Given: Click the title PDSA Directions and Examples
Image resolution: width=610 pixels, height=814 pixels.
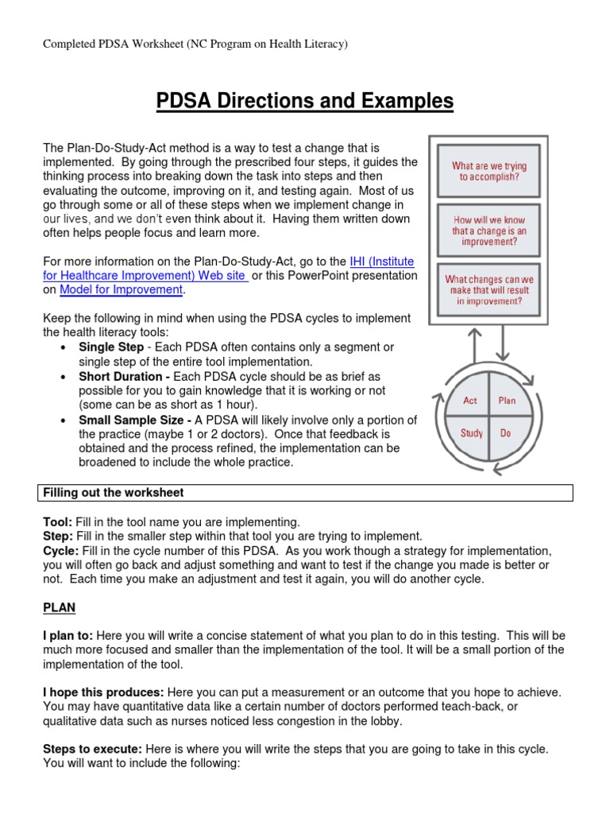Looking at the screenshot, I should pyautogui.click(x=305, y=101).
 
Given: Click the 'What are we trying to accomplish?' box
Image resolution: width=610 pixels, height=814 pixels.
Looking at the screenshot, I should pyautogui.click(x=489, y=172).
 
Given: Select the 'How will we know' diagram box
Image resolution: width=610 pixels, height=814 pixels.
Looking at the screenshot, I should pyautogui.click(x=489, y=231).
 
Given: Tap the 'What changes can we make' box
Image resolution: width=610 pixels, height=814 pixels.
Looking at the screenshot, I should pyautogui.click(x=489, y=290).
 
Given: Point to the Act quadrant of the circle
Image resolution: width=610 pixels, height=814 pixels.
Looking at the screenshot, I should pyautogui.click(x=470, y=401).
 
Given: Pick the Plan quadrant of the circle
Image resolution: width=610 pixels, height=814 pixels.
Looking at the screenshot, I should pyautogui.click(x=507, y=401).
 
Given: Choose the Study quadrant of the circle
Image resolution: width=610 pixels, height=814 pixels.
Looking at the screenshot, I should pyautogui.click(x=471, y=433).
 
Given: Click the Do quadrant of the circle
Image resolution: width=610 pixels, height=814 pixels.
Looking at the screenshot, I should pyautogui.click(x=506, y=433).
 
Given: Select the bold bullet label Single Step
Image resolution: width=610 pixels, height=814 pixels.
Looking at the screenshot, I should pyautogui.click(x=111, y=347).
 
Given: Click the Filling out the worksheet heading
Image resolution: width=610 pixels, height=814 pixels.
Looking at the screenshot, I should pyautogui.click(x=113, y=493).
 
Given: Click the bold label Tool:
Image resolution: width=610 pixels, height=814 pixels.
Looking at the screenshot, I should pyautogui.click(x=58, y=521).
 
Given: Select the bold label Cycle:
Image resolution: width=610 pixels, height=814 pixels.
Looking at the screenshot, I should pyautogui.click(x=60, y=550).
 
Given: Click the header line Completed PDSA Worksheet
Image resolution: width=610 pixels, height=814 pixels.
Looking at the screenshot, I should pyautogui.click(x=195, y=45).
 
